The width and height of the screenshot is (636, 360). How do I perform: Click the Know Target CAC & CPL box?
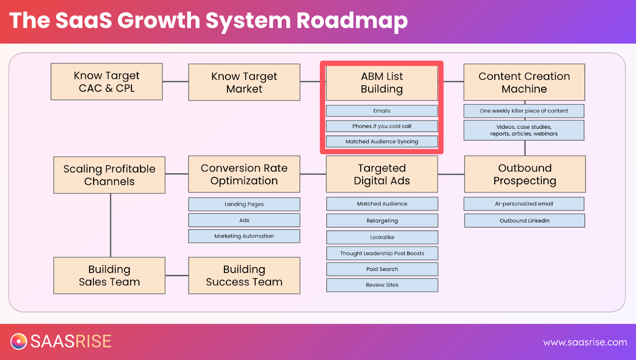tap(107, 82)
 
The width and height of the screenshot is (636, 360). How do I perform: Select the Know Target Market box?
tap(244, 82)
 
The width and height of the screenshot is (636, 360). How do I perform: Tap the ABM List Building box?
tap(382, 83)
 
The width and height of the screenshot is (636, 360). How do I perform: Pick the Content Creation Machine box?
tap(524, 82)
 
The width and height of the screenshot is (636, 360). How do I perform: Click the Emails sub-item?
tap(382, 111)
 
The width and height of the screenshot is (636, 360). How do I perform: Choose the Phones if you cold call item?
tap(382, 126)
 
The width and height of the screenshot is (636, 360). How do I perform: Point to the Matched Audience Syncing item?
tap(382, 141)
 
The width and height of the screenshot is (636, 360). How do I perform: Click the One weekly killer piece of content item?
tap(524, 111)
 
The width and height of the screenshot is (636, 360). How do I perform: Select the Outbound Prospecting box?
tap(525, 174)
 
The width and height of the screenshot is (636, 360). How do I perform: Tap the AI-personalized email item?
tap(524, 204)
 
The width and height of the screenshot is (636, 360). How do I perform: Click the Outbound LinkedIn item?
tap(524, 221)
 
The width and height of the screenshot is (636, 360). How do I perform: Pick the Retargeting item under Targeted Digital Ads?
tap(382, 221)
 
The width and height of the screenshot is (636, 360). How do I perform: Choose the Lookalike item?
tap(382, 237)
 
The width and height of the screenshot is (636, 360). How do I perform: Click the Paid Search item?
tap(382, 269)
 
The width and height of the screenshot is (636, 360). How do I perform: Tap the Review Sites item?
tap(382, 285)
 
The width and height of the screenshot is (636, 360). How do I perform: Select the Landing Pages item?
tap(244, 204)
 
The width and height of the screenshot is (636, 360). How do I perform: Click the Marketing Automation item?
tap(244, 236)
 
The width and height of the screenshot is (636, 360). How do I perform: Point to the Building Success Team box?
tap(244, 275)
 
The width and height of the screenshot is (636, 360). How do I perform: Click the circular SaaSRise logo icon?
tap(19, 341)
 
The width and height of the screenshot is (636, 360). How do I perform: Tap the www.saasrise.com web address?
tap(585, 342)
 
